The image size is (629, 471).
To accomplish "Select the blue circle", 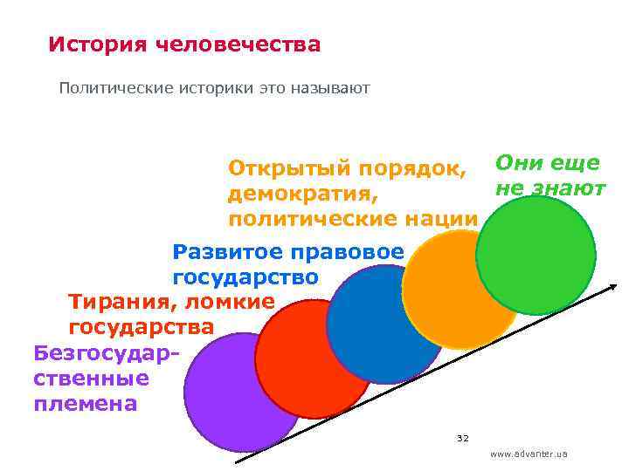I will point(384,323).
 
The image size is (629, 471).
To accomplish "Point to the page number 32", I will point(463,438).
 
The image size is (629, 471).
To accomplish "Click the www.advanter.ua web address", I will point(529,454).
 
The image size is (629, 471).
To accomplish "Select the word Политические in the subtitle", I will point(108,88).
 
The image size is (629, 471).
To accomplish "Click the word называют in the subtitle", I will point(335,88).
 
